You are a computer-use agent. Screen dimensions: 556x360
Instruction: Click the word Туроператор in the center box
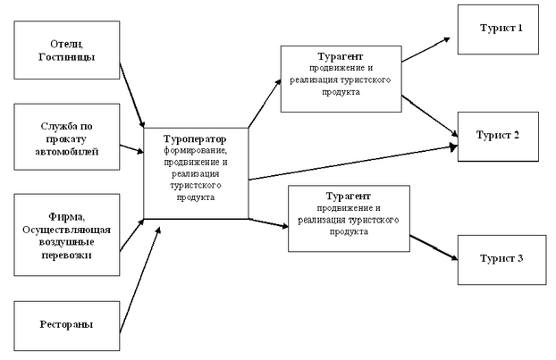tap(195, 138)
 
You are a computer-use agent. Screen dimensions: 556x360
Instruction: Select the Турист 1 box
tap(498, 29)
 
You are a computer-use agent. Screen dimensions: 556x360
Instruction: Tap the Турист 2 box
tap(498, 137)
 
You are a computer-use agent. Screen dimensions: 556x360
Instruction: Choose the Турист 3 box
tap(501, 260)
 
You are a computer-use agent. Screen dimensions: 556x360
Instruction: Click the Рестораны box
tap(67, 326)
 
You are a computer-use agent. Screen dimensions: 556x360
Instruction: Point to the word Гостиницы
tap(67, 57)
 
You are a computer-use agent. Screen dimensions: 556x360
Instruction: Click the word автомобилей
tap(67, 152)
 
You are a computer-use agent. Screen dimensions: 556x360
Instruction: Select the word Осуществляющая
tap(67, 230)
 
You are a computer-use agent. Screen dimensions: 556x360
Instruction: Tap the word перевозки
tap(67, 255)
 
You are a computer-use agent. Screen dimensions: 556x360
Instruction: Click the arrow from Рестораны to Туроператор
tap(140, 280)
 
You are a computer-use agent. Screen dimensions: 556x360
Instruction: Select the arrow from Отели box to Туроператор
tap(132, 96)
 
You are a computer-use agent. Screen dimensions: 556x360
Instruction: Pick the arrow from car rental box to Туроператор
tap(131, 149)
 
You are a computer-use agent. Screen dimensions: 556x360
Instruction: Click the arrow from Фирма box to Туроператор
tap(131, 235)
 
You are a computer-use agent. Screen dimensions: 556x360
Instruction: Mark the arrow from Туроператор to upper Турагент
tap(265, 103)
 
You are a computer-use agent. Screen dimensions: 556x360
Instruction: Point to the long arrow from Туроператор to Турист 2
tap(353, 163)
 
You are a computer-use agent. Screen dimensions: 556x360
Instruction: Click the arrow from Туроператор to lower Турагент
tap(268, 222)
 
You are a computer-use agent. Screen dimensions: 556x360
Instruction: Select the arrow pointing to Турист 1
tap(425, 50)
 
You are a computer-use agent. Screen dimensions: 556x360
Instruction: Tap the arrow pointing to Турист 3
tap(434, 247)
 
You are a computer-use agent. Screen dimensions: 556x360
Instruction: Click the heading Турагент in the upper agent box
tap(341, 56)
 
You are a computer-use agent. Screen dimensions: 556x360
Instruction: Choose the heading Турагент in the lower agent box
tap(349, 197)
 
